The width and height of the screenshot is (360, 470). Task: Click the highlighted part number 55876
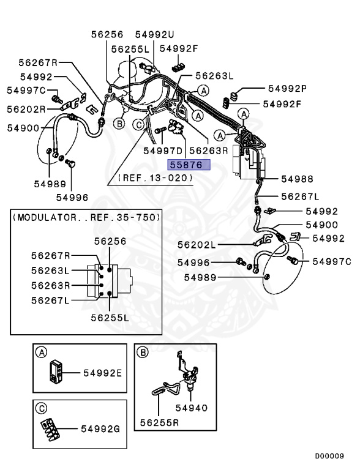tap(189, 164)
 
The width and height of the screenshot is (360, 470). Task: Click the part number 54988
tap(297, 179)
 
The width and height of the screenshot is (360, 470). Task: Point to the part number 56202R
tap(26, 110)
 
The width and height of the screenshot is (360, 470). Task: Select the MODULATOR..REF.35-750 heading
tap(87, 217)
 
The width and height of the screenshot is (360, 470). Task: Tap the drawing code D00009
tap(329, 456)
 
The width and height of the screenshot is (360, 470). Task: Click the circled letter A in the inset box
tap(42, 352)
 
